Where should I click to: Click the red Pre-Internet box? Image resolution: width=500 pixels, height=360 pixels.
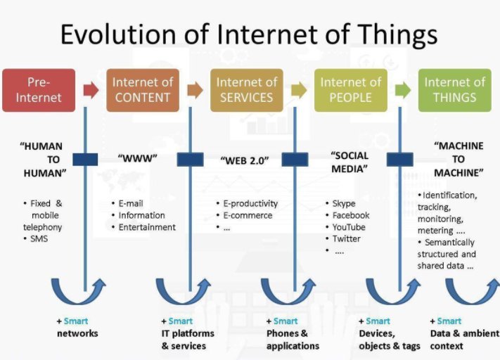click(39, 90)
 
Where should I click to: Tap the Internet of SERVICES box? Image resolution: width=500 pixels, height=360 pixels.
click(246, 90)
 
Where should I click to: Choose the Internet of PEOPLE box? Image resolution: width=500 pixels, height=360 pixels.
click(350, 90)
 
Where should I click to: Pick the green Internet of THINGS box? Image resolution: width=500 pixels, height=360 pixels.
click(454, 90)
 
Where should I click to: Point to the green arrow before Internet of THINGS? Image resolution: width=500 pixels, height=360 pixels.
click(402, 90)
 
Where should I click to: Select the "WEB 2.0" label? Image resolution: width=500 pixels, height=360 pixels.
click(245, 160)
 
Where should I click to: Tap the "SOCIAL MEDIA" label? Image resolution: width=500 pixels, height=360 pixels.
click(350, 161)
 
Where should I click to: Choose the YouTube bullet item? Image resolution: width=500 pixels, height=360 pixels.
click(349, 227)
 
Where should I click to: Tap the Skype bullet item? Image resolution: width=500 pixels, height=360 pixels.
click(344, 203)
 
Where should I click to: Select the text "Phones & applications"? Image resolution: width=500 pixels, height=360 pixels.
click(292, 340)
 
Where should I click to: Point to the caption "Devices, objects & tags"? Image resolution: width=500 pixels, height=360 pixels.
click(390, 340)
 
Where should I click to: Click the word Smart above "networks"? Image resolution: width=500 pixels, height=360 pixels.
click(76, 321)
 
